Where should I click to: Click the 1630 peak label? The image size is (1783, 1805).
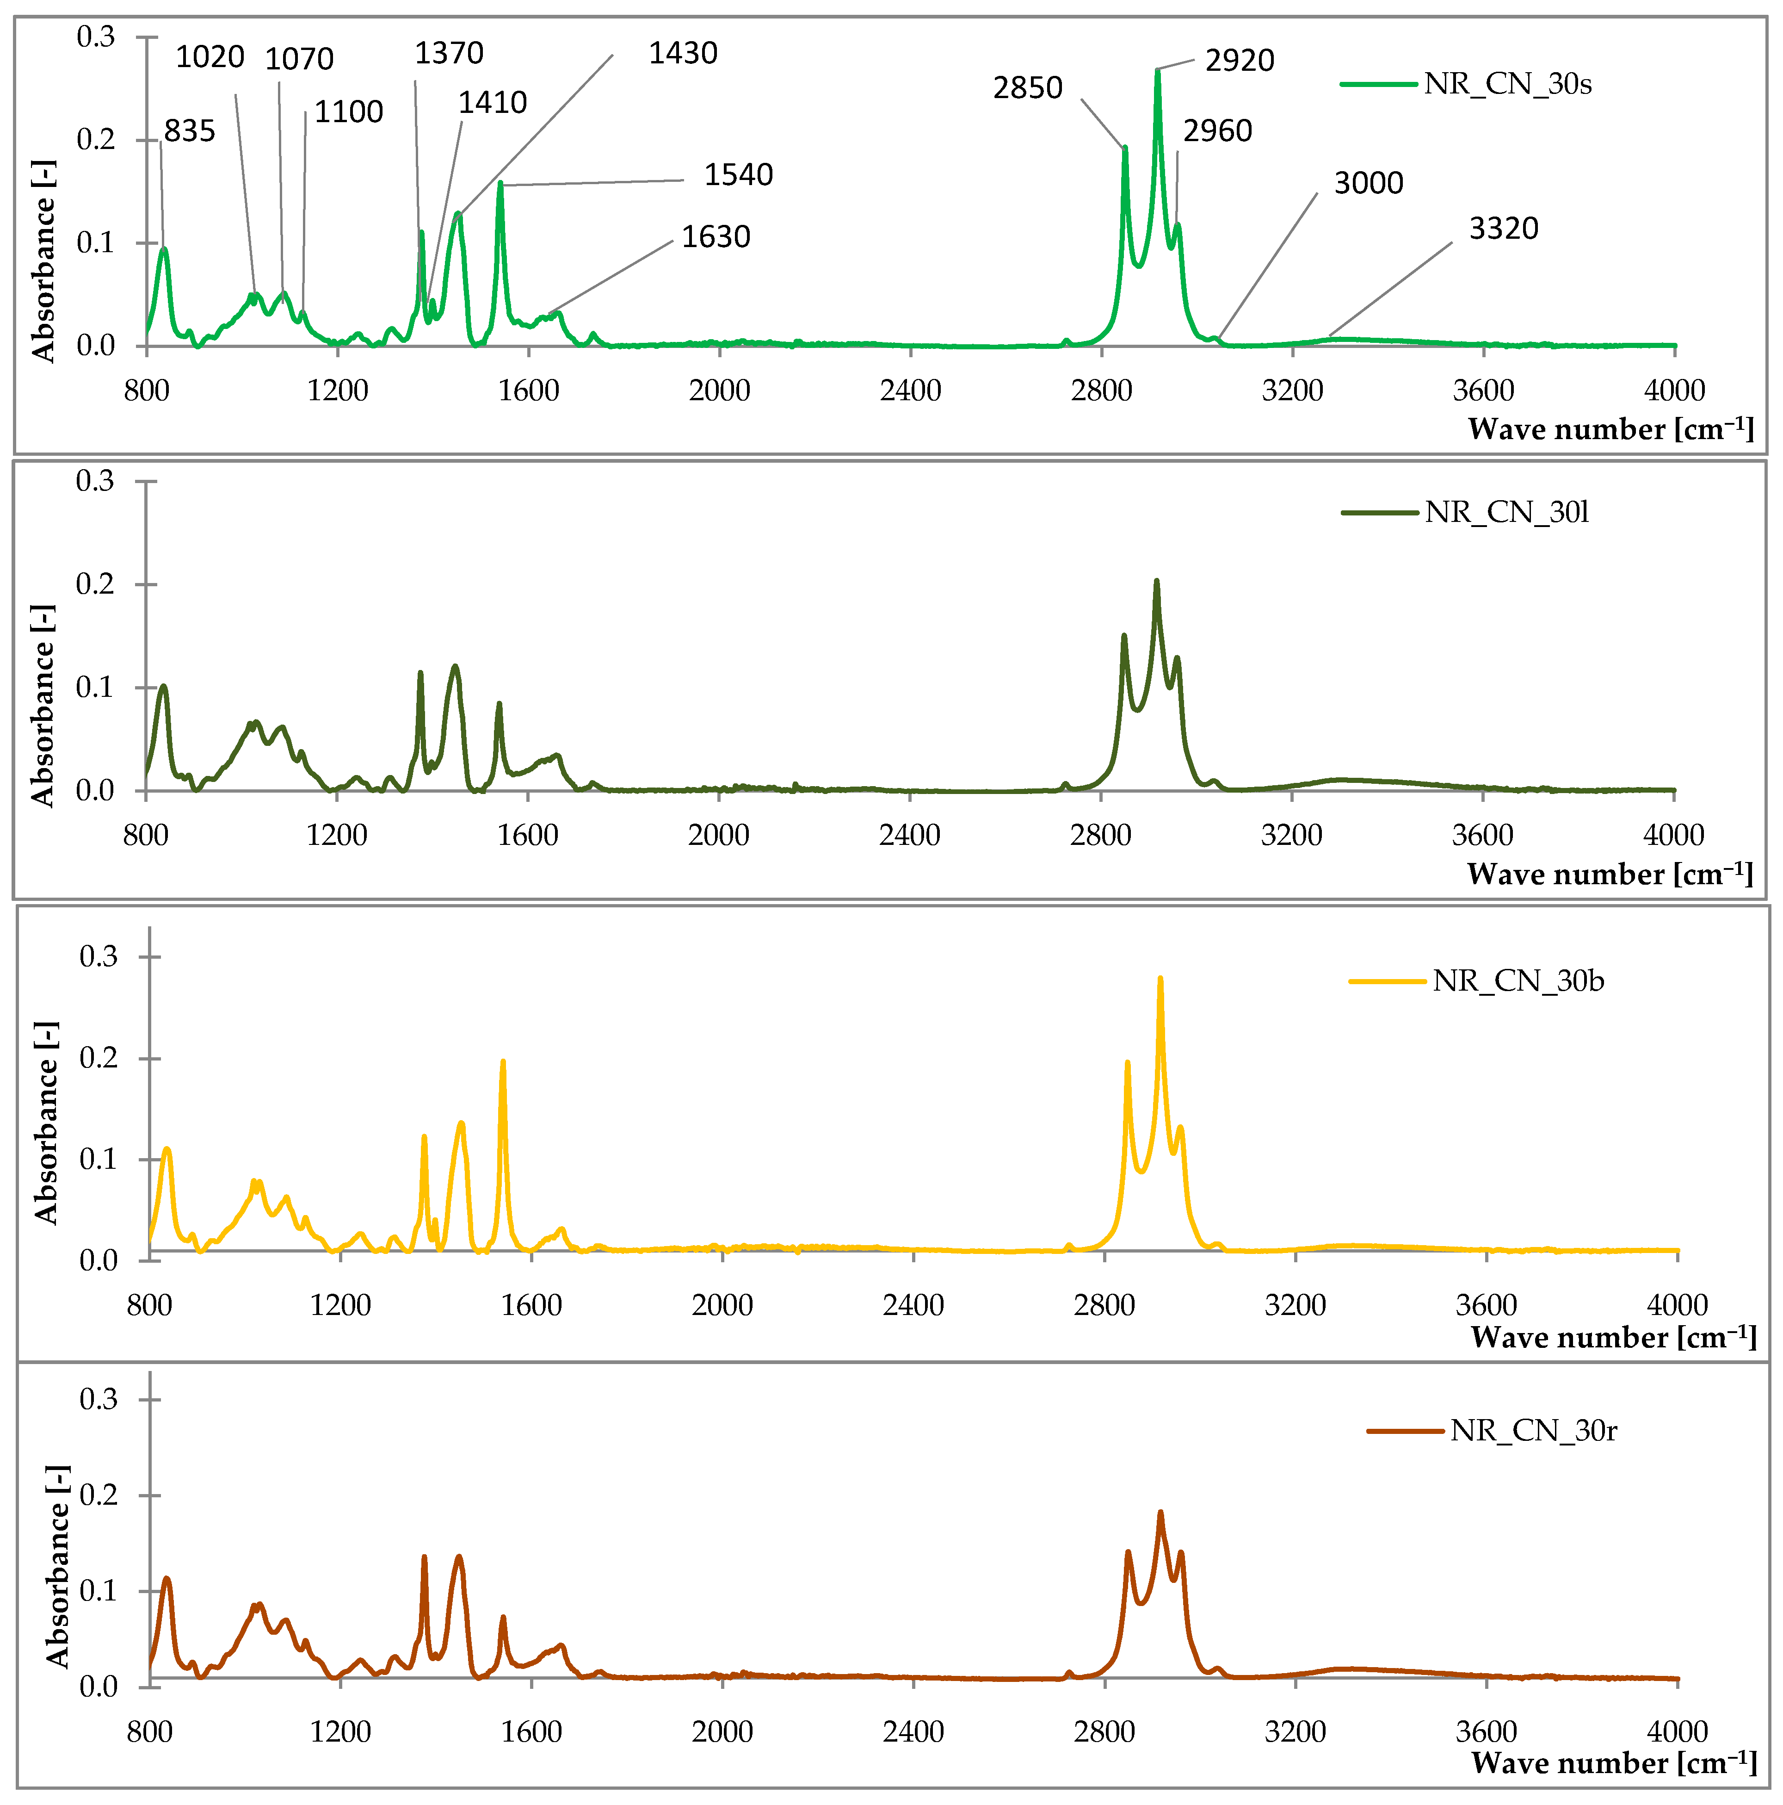click(716, 236)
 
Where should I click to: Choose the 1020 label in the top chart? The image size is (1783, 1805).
click(210, 57)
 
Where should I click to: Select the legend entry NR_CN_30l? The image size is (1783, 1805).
click(1505, 512)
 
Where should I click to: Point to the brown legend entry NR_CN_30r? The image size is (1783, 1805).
click(1533, 1430)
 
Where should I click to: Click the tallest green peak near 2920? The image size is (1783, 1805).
click(1157, 71)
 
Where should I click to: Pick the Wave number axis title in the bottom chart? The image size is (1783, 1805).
click(1613, 1763)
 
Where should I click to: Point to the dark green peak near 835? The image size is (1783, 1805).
click(163, 687)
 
